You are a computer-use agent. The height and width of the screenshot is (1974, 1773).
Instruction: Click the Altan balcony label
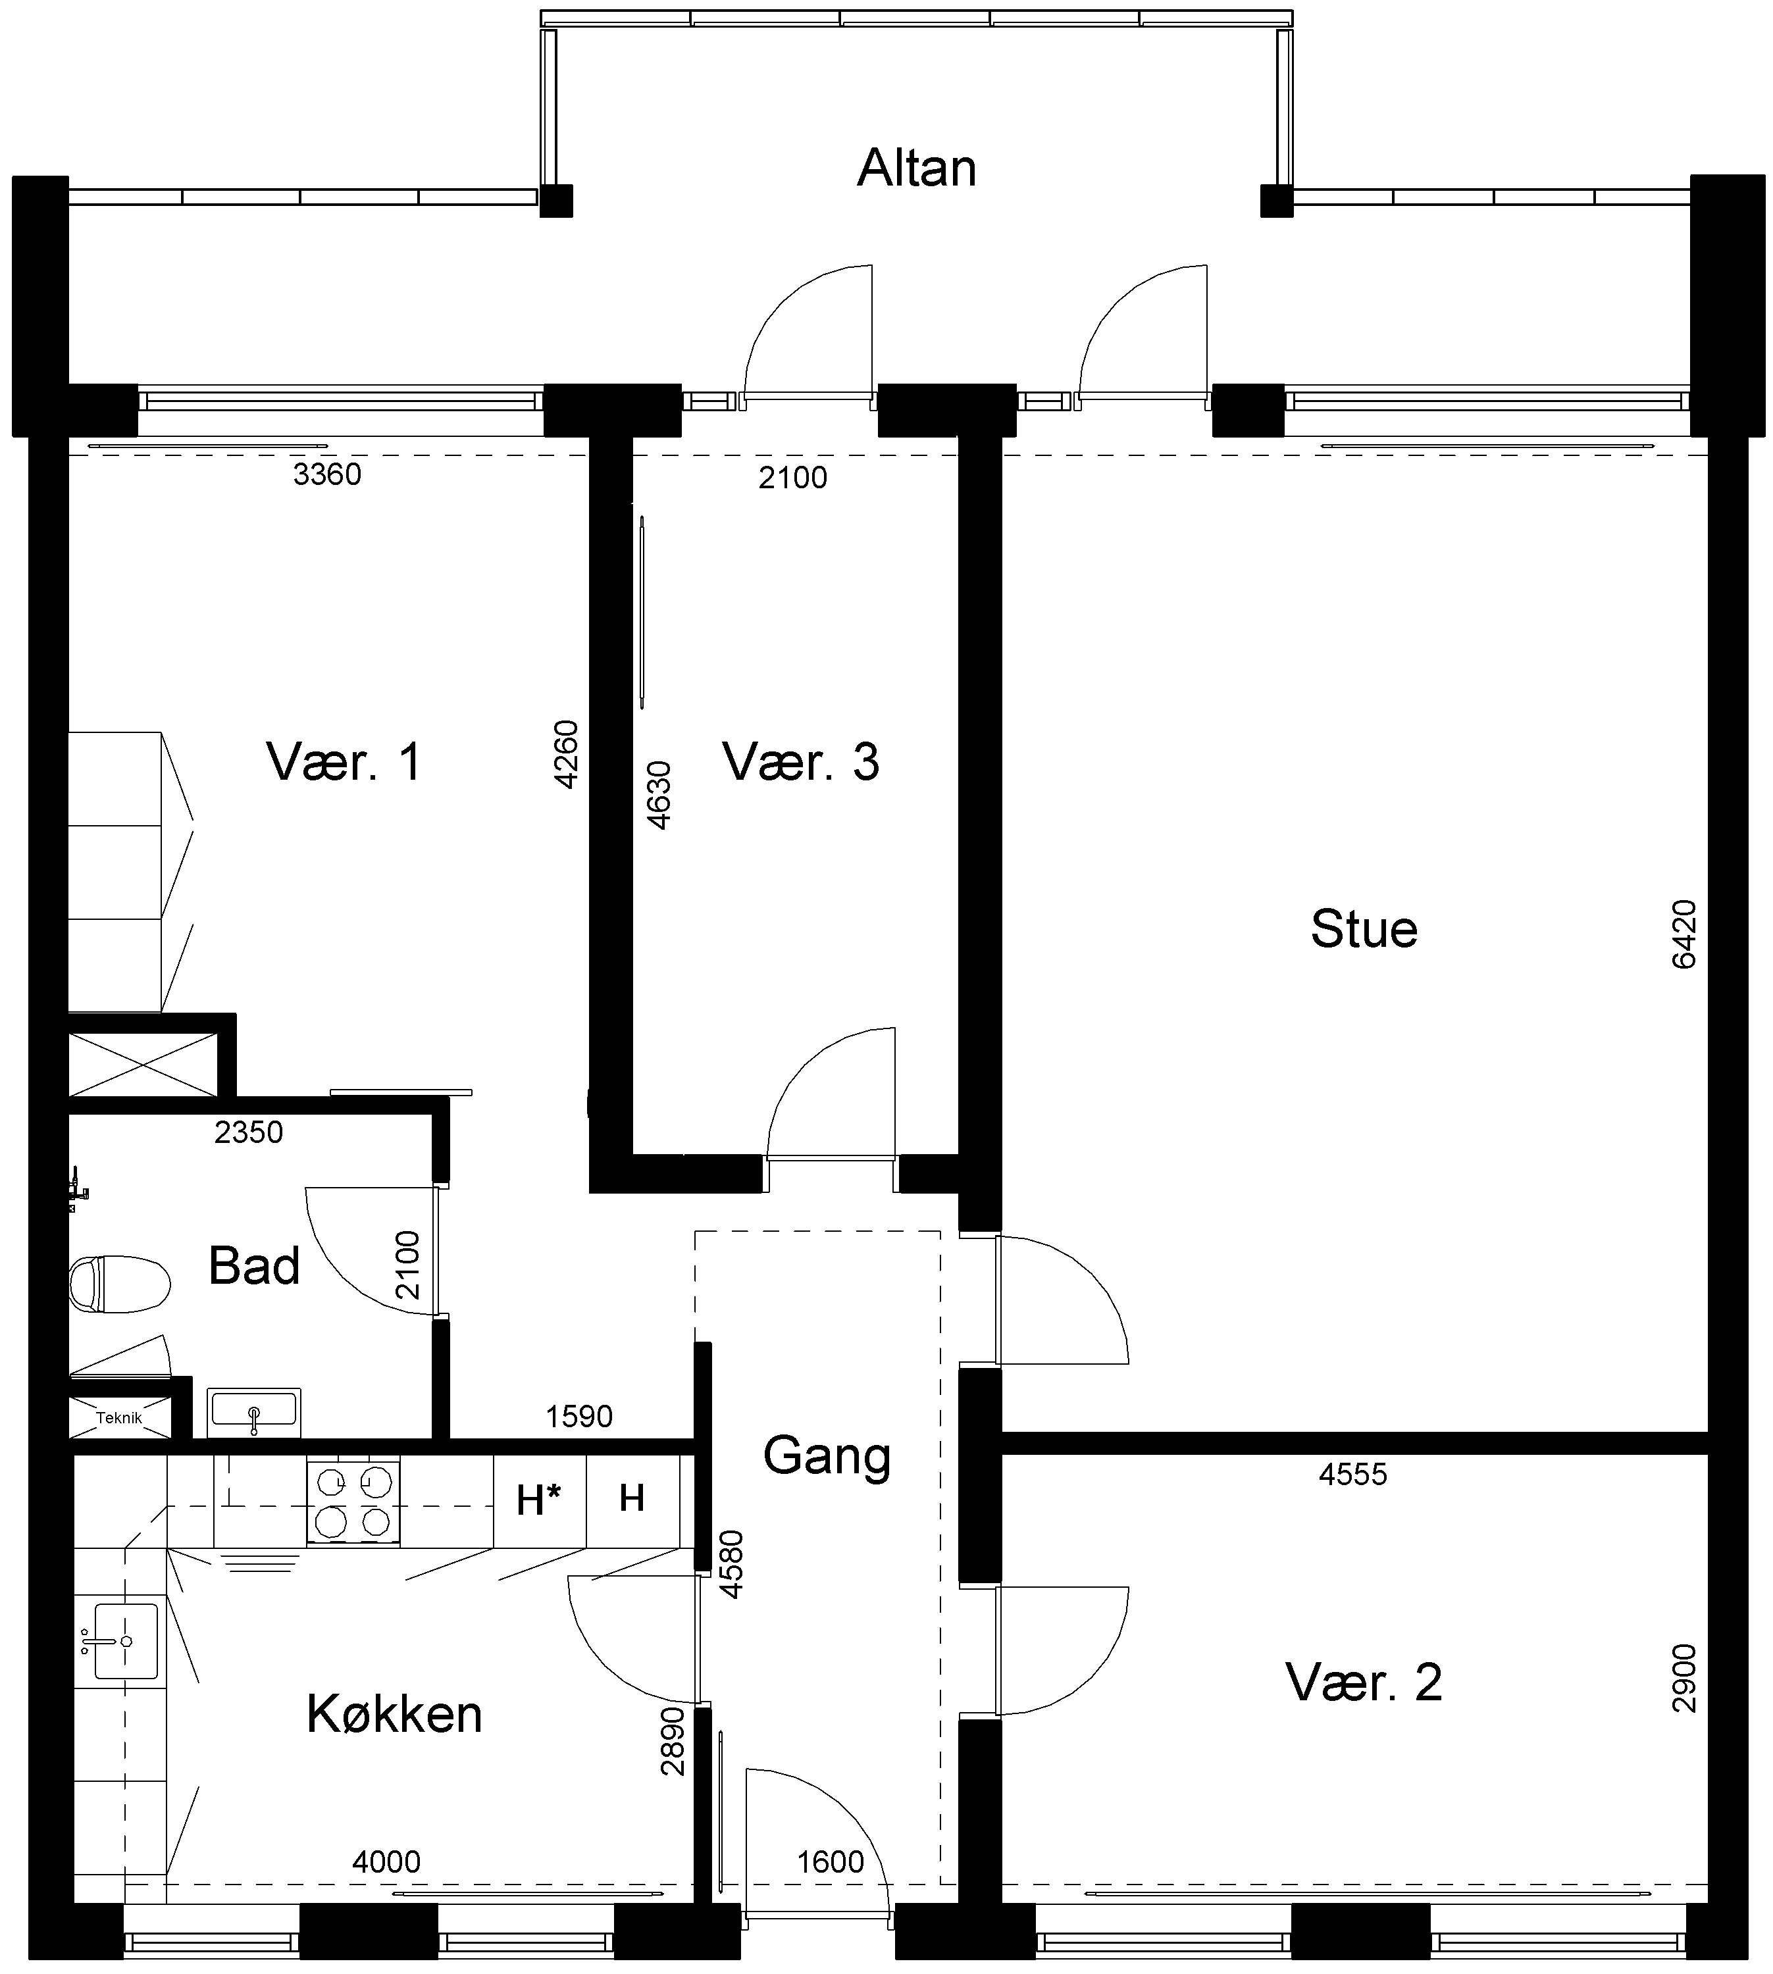point(915,168)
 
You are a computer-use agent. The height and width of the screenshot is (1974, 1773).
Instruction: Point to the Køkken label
point(394,1714)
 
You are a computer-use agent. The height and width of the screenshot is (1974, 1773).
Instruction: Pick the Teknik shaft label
point(119,1418)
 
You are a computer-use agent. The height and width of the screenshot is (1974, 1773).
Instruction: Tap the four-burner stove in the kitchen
point(353,1501)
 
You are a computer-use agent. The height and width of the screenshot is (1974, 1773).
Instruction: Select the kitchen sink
point(126,1641)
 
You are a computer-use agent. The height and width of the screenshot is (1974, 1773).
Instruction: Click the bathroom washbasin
point(253,1412)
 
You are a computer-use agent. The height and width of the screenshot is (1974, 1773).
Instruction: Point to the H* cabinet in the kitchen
point(539,1501)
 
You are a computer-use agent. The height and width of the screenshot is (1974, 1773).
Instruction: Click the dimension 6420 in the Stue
point(1683,934)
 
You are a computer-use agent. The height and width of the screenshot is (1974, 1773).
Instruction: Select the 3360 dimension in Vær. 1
point(327,474)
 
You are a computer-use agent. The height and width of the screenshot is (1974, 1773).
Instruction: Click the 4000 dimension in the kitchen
point(387,1862)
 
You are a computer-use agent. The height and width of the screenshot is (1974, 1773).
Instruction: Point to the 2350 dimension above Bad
point(248,1132)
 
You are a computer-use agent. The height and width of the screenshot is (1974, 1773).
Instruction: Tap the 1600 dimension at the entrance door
point(830,1862)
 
